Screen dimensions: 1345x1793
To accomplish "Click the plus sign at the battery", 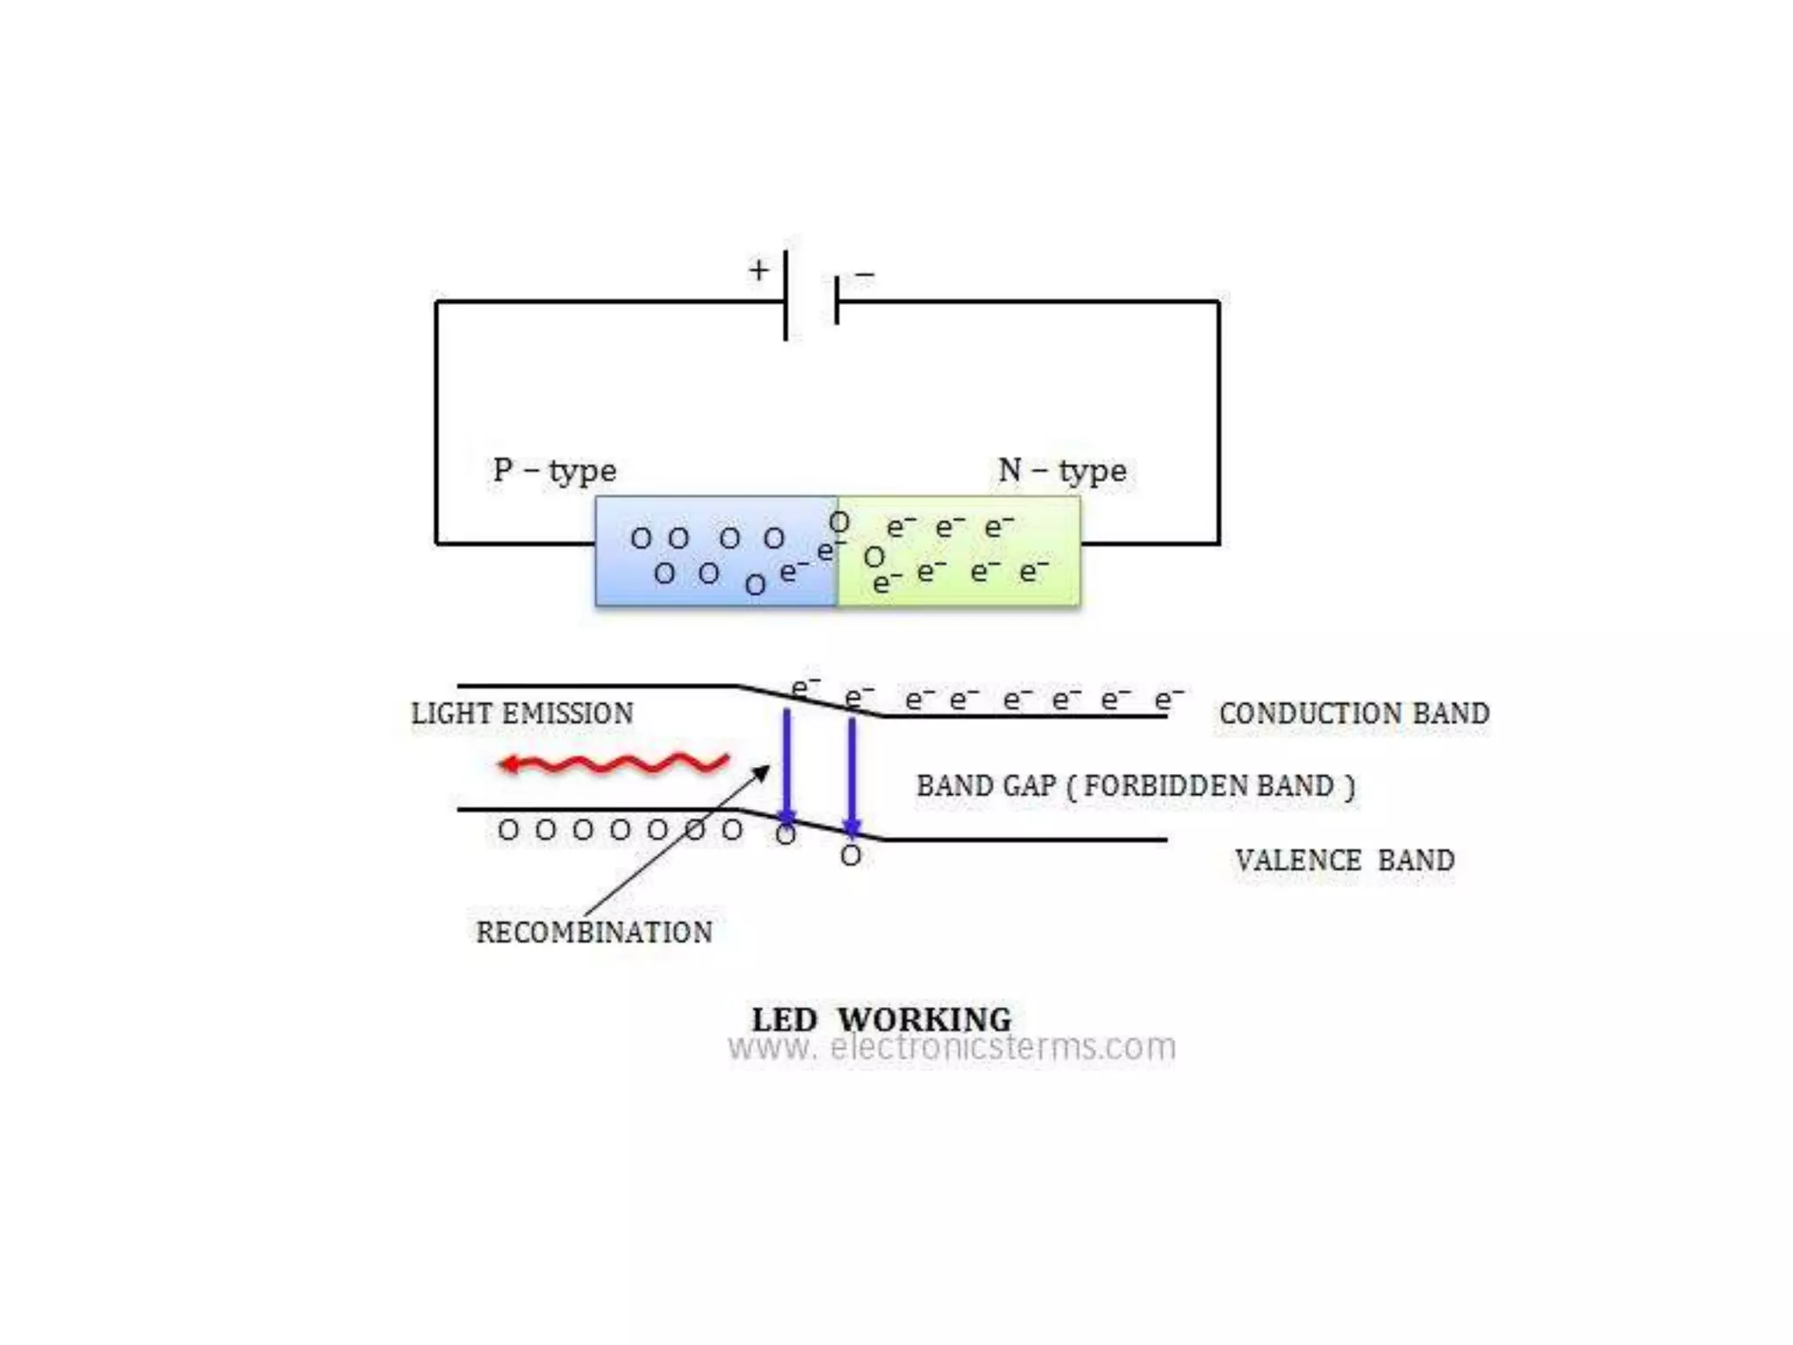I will (x=758, y=270).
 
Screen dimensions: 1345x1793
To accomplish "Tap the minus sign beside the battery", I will (x=864, y=275).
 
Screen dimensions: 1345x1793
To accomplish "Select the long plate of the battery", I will (x=785, y=295).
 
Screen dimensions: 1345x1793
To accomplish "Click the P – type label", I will (x=554, y=471).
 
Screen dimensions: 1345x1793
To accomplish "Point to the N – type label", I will (x=1062, y=471).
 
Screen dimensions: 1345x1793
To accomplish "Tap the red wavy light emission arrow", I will (x=613, y=764).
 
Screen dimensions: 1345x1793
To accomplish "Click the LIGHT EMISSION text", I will (x=523, y=714).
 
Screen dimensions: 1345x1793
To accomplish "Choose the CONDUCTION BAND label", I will (x=1354, y=714).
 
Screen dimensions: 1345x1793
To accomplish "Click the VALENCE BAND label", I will (x=1345, y=861).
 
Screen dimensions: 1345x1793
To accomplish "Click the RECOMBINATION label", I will (x=594, y=933).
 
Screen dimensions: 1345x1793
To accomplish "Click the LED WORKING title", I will (x=881, y=1019).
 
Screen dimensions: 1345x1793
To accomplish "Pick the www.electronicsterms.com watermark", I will (x=952, y=1047).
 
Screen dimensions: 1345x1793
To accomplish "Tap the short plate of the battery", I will (x=837, y=300).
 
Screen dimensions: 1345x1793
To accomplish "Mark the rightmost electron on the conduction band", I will (x=1167, y=699).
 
